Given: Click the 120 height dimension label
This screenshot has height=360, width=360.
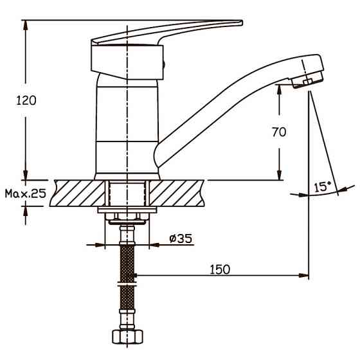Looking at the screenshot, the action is click(26, 100).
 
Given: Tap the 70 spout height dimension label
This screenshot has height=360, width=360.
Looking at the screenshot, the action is click(279, 132).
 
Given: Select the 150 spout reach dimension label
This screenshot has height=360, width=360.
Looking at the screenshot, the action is click(220, 269).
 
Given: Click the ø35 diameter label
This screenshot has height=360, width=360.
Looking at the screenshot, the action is click(181, 239).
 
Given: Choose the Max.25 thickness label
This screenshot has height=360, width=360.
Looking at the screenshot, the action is click(26, 194).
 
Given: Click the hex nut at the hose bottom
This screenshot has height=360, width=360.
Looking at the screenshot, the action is click(127, 337).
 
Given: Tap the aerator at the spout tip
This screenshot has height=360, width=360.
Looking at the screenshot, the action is click(307, 80).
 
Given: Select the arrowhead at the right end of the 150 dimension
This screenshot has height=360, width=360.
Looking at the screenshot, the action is click(303, 275).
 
